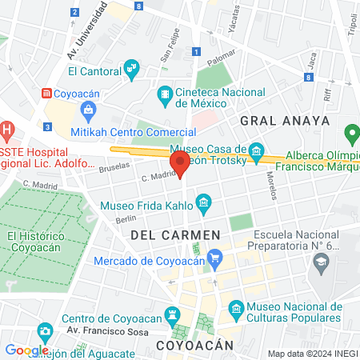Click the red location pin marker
click(180, 165)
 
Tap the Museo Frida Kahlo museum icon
click(203, 204)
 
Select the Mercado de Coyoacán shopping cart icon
click(214, 258)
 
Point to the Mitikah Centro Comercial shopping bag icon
click(88, 109)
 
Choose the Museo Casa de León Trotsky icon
click(256, 150)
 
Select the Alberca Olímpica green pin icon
click(350, 134)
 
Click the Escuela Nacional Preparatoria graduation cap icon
click(321, 261)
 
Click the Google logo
click(26, 350)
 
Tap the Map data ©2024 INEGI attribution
click(312, 354)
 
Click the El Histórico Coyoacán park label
click(36, 242)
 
